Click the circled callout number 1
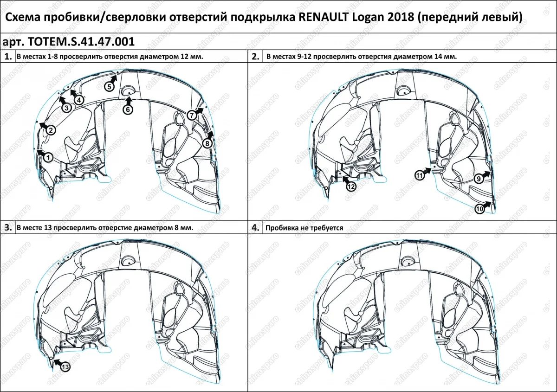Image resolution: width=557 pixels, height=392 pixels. [47, 158]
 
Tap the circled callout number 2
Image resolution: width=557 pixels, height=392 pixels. [51, 131]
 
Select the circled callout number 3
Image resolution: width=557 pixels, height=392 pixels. [66, 108]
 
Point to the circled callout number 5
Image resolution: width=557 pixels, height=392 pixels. [109, 87]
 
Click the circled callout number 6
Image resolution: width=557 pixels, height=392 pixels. [128, 109]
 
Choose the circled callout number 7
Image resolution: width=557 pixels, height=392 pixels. [192, 115]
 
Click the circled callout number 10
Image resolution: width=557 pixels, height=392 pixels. [480, 209]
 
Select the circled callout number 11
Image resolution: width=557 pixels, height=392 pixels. [420, 175]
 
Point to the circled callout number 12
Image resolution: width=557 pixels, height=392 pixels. [350, 186]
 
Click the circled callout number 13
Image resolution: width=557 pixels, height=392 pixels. [65, 367]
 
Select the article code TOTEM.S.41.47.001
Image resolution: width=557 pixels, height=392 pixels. [82, 42]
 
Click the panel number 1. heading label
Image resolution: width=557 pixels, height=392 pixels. [7, 57]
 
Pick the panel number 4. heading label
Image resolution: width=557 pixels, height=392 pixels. [255, 228]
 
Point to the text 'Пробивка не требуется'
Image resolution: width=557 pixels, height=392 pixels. [304, 228]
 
